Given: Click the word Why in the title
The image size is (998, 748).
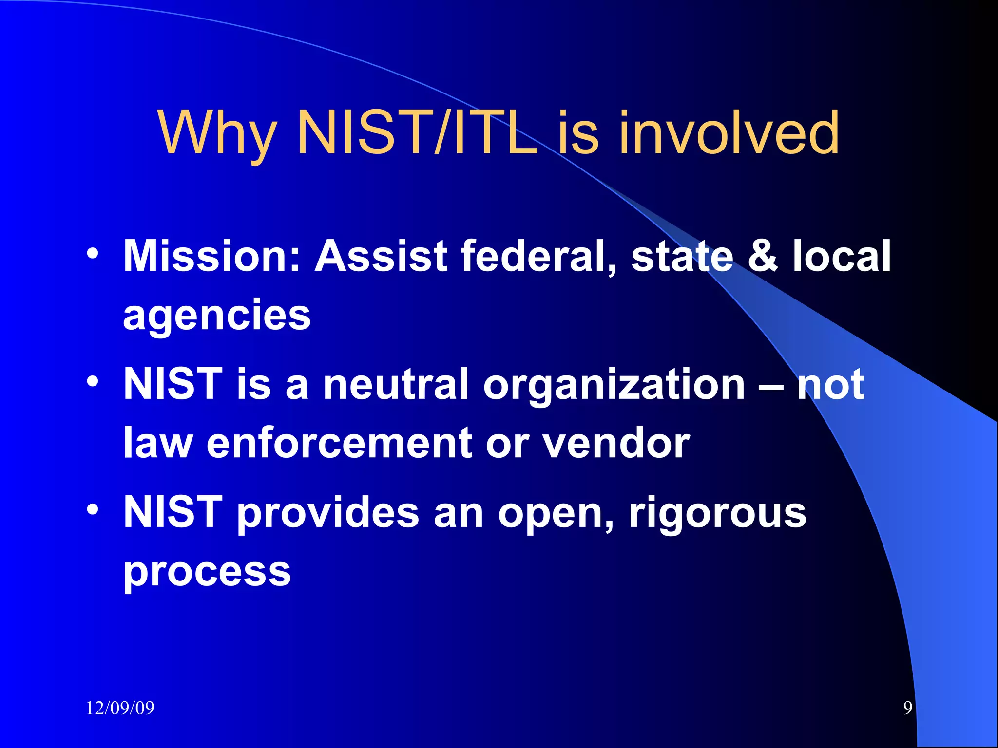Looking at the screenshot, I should point(217,133).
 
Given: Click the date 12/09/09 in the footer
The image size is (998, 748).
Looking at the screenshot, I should point(120,708).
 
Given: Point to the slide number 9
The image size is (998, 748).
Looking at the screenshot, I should point(907,708).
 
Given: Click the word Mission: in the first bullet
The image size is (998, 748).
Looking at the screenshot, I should point(212,256).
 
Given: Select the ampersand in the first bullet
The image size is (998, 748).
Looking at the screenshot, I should point(762,256).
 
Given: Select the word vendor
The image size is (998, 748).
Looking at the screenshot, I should point(616,443).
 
